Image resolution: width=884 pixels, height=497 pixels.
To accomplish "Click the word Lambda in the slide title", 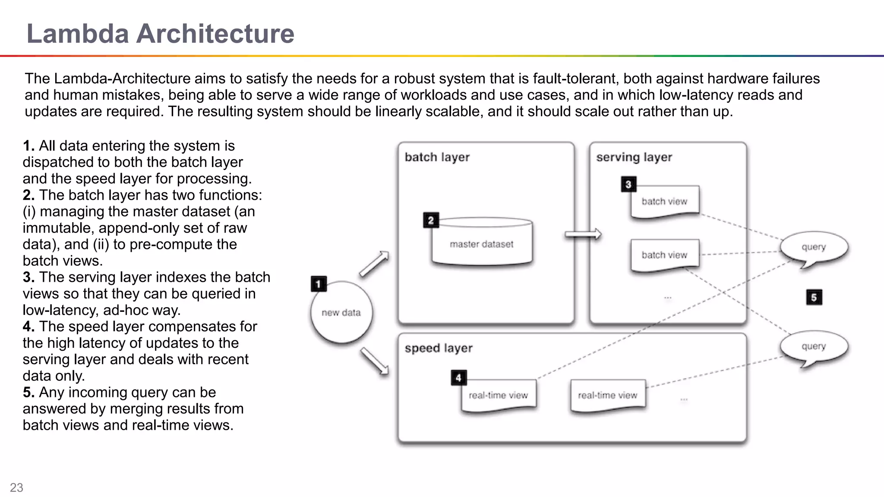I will tap(78, 34).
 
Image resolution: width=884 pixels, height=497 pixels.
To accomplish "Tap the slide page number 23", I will tap(16, 488).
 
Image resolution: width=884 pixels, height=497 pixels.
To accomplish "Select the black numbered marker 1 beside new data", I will tap(319, 284).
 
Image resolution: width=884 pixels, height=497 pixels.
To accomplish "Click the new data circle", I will tap(341, 313).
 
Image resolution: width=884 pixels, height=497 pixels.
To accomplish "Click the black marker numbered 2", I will tap(431, 220).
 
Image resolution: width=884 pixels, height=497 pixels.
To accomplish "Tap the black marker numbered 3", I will tap(628, 185).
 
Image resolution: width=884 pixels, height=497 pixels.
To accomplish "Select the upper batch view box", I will tap(664, 201).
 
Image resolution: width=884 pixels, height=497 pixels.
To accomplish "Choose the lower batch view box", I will tap(664, 255).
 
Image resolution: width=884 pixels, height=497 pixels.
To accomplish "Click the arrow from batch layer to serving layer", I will tap(583, 234).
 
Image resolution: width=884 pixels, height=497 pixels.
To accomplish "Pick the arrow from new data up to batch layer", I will tap(374, 264).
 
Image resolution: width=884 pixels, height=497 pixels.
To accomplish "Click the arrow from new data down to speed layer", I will tap(374, 361).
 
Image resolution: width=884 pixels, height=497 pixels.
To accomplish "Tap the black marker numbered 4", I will tap(458, 378).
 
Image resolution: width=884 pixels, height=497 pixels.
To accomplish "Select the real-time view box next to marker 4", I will tap(499, 395).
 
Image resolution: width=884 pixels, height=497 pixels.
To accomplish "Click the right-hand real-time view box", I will tap(607, 395).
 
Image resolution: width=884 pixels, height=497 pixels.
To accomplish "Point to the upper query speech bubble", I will tap(814, 247).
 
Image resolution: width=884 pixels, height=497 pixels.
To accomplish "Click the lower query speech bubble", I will tap(814, 346).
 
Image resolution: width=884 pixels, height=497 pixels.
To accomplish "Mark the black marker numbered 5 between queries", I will tap(814, 297).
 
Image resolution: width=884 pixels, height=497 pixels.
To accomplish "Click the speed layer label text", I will tap(438, 348).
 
